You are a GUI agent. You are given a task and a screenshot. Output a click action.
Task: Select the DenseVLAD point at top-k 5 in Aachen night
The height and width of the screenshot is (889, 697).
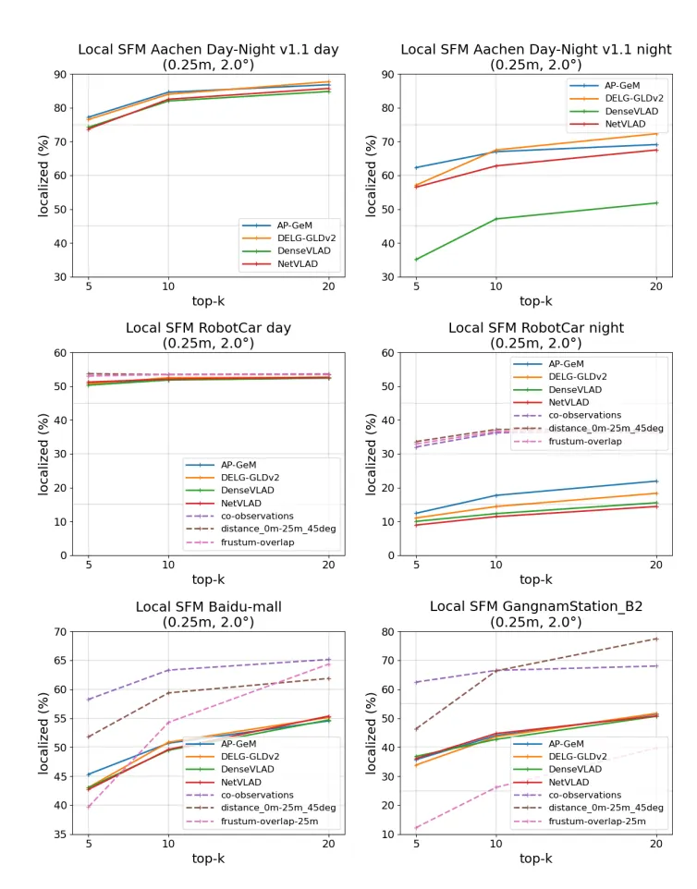417,260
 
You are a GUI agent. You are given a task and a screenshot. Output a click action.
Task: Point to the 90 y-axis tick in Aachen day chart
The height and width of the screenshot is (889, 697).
60,74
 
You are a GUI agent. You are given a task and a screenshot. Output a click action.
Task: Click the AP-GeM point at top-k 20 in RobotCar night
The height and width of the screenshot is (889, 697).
656,481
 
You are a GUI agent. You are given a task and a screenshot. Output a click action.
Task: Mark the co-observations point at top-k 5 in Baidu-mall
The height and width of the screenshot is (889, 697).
89,700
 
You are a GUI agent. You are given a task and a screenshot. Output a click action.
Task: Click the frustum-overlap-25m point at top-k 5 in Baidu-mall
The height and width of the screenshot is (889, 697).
89,807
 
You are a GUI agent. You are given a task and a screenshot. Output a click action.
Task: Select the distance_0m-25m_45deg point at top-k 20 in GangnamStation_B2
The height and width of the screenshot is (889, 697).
656,639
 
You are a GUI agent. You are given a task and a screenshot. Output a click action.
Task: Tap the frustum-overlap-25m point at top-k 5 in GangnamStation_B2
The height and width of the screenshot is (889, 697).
417,828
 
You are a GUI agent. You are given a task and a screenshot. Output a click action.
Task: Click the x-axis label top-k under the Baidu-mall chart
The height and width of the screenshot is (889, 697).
208,859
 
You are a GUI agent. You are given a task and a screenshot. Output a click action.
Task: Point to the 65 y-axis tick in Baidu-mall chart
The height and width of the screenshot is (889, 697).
60,661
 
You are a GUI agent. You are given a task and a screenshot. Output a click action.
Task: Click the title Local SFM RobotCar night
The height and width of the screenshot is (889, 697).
536,328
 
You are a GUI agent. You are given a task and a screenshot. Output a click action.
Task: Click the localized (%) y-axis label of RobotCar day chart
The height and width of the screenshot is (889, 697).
43,453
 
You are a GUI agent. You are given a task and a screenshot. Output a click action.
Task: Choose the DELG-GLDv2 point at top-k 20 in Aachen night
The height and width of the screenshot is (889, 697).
656,134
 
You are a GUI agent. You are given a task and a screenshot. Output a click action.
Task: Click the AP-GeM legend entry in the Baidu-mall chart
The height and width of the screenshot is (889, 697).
238,743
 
